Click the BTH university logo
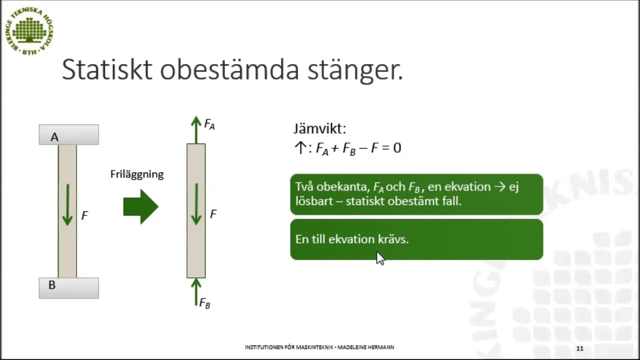pyautogui.click(x=29, y=31)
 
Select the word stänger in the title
pyautogui.click(x=354, y=70)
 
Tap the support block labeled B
pyautogui.click(x=69, y=288)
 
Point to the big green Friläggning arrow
pyautogui.click(x=140, y=206)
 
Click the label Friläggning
pyautogui.click(x=137, y=174)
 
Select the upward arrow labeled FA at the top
pyautogui.click(x=196, y=129)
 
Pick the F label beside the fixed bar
pyautogui.click(x=84, y=216)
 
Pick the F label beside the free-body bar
pyautogui.click(x=213, y=214)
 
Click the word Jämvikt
pyautogui.click(x=319, y=129)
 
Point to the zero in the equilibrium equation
pyautogui.click(x=397, y=148)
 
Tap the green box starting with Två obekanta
pyautogui.click(x=416, y=194)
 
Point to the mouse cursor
pyautogui.click(x=380, y=257)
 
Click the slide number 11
pyautogui.click(x=579, y=348)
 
